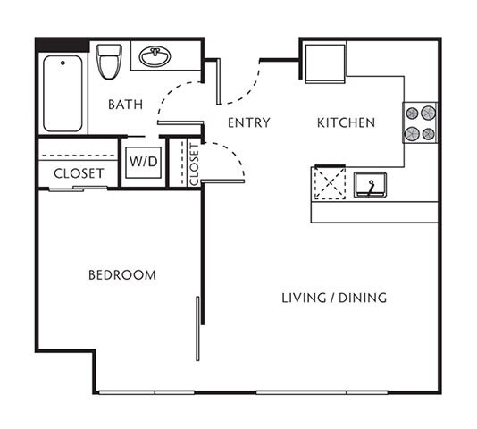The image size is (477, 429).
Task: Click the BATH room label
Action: [x=125, y=105]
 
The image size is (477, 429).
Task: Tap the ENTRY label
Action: [x=248, y=122]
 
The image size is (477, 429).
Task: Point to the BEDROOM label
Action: [x=121, y=274]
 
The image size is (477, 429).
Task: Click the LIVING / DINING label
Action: [x=334, y=298]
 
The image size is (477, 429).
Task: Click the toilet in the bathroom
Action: [x=109, y=61]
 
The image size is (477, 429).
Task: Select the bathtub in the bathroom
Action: [x=63, y=92]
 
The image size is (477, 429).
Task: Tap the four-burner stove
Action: [x=421, y=123]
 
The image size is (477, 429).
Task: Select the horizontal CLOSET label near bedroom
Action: [x=79, y=173]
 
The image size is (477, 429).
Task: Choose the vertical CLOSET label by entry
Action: [x=194, y=163]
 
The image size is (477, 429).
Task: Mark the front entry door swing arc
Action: [x=240, y=84]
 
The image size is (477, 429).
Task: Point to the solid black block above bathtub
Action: [x=62, y=44]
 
